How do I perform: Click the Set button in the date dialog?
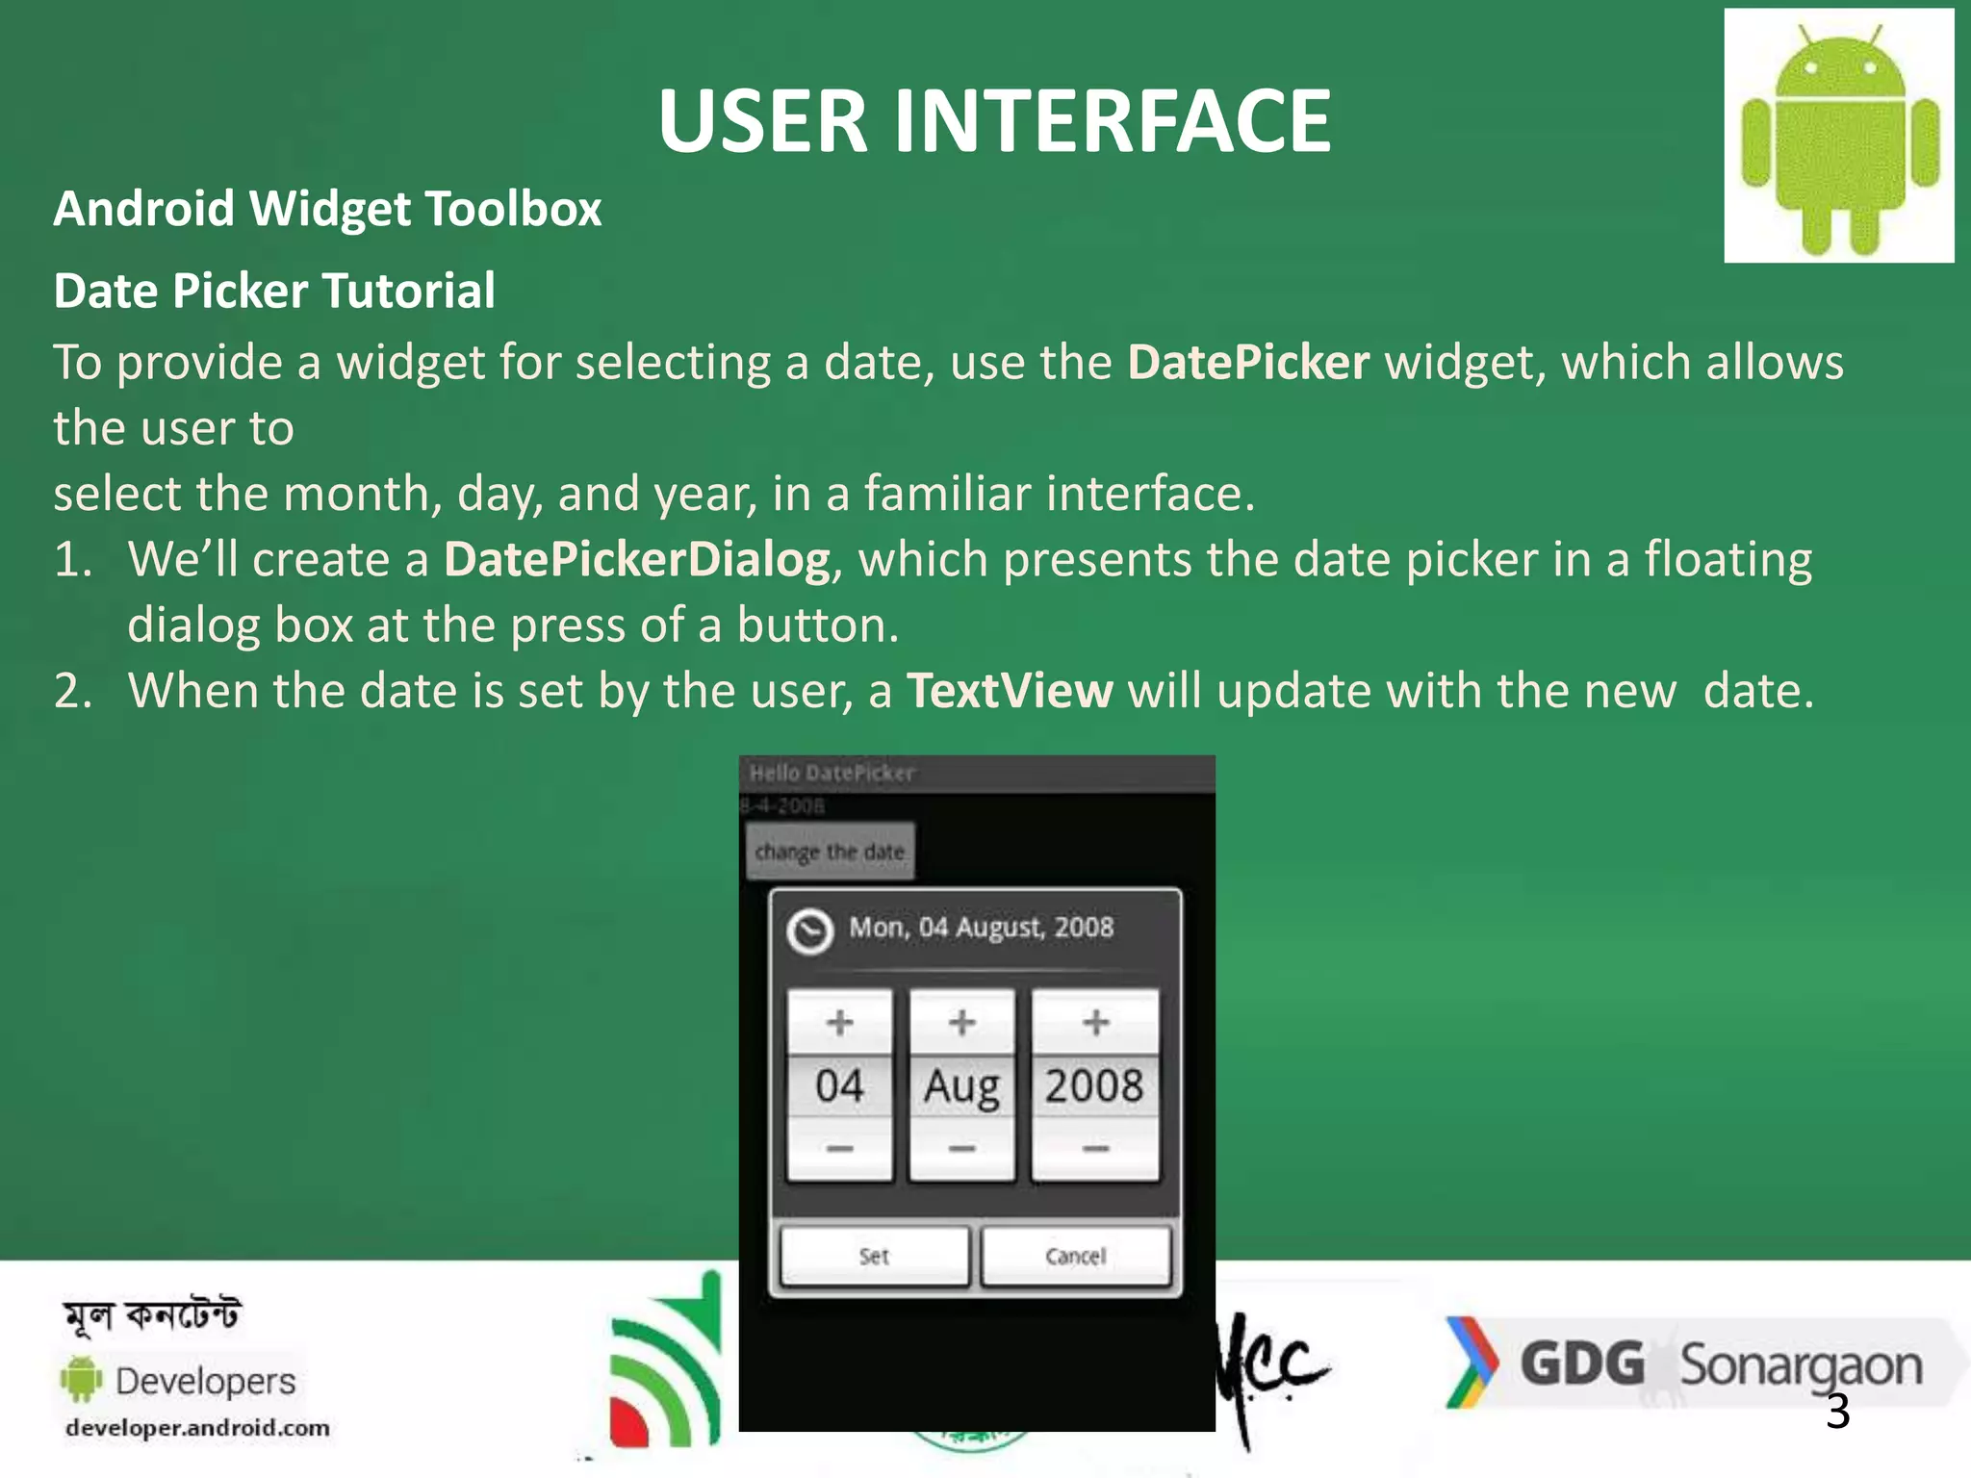point(874,1256)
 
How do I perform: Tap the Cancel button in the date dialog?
point(1076,1256)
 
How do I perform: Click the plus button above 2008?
point(1095,1022)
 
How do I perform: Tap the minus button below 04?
point(839,1149)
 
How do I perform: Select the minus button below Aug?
point(961,1149)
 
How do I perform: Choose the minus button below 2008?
point(1095,1149)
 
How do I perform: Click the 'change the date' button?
point(830,852)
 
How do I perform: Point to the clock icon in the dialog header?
point(809,930)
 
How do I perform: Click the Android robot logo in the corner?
point(1839,136)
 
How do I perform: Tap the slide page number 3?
point(1837,1412)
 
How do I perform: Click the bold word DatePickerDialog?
point(637,560)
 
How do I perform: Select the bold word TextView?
point(1010,691)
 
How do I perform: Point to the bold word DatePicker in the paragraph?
point(1248,363)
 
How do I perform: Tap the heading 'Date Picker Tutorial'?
point(274,291)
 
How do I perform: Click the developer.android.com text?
point(197,1428)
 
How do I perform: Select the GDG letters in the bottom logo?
point(1582,1364)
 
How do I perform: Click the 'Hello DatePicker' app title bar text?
point(832,773)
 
